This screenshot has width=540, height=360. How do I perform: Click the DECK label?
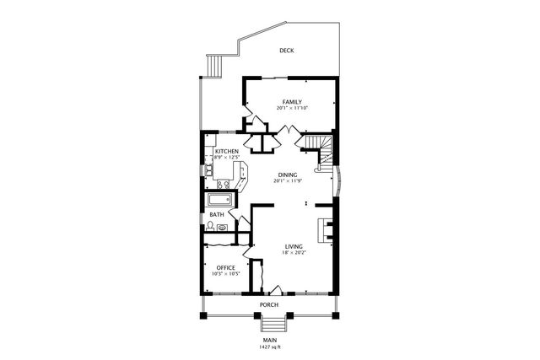tap(287, 51)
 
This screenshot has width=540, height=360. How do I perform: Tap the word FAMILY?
tap(292, 102)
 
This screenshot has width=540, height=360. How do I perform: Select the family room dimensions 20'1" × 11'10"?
tap(292, 109)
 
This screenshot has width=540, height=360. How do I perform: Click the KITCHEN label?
tap(214, 152)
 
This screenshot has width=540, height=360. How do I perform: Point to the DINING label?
tap(288, 175)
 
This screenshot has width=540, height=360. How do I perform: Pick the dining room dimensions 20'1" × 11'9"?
tap(288, 181)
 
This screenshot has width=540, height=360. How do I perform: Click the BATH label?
tap(217, 215)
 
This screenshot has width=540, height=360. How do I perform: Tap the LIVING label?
tap(293, 245)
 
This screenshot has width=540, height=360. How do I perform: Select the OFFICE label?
tap(225, 267)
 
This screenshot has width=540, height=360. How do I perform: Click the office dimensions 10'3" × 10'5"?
tap(225, 274)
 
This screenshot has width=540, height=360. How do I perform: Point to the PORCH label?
tap(269, 304)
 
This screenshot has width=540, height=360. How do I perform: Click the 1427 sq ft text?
tap(269, 347)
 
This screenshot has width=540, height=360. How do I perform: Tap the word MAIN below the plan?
tap(269, 340)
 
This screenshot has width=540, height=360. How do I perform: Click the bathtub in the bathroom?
tap(221, 200)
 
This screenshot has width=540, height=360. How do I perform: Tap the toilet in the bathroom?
tap(210, 226)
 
